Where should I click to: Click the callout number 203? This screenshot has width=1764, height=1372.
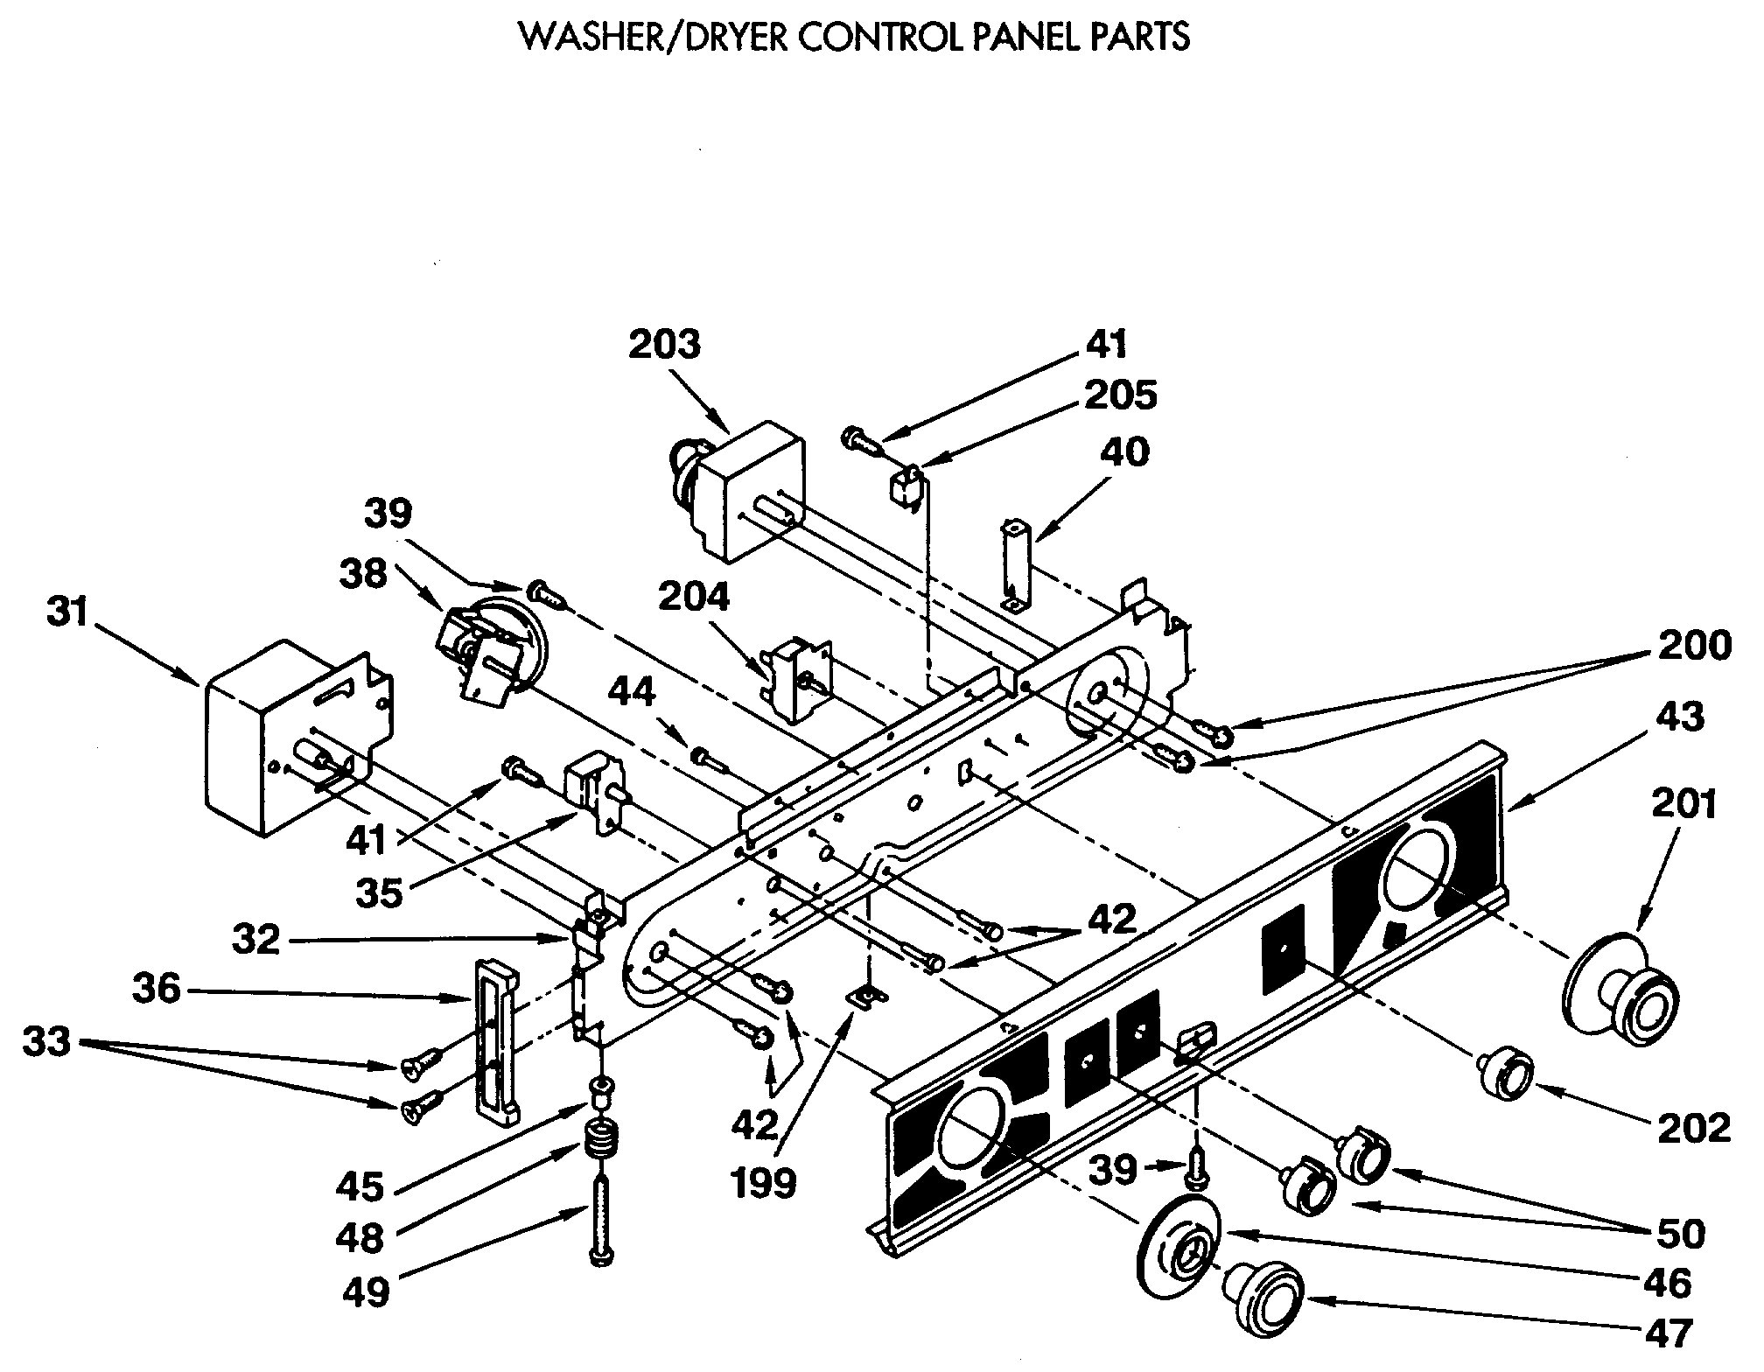coord(665,345)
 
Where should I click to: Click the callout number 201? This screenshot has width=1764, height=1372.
coord(1685,805)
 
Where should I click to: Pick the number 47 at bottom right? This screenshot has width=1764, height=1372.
coord(1669,1333)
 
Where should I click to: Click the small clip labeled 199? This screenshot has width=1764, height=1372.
coord(866,997)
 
